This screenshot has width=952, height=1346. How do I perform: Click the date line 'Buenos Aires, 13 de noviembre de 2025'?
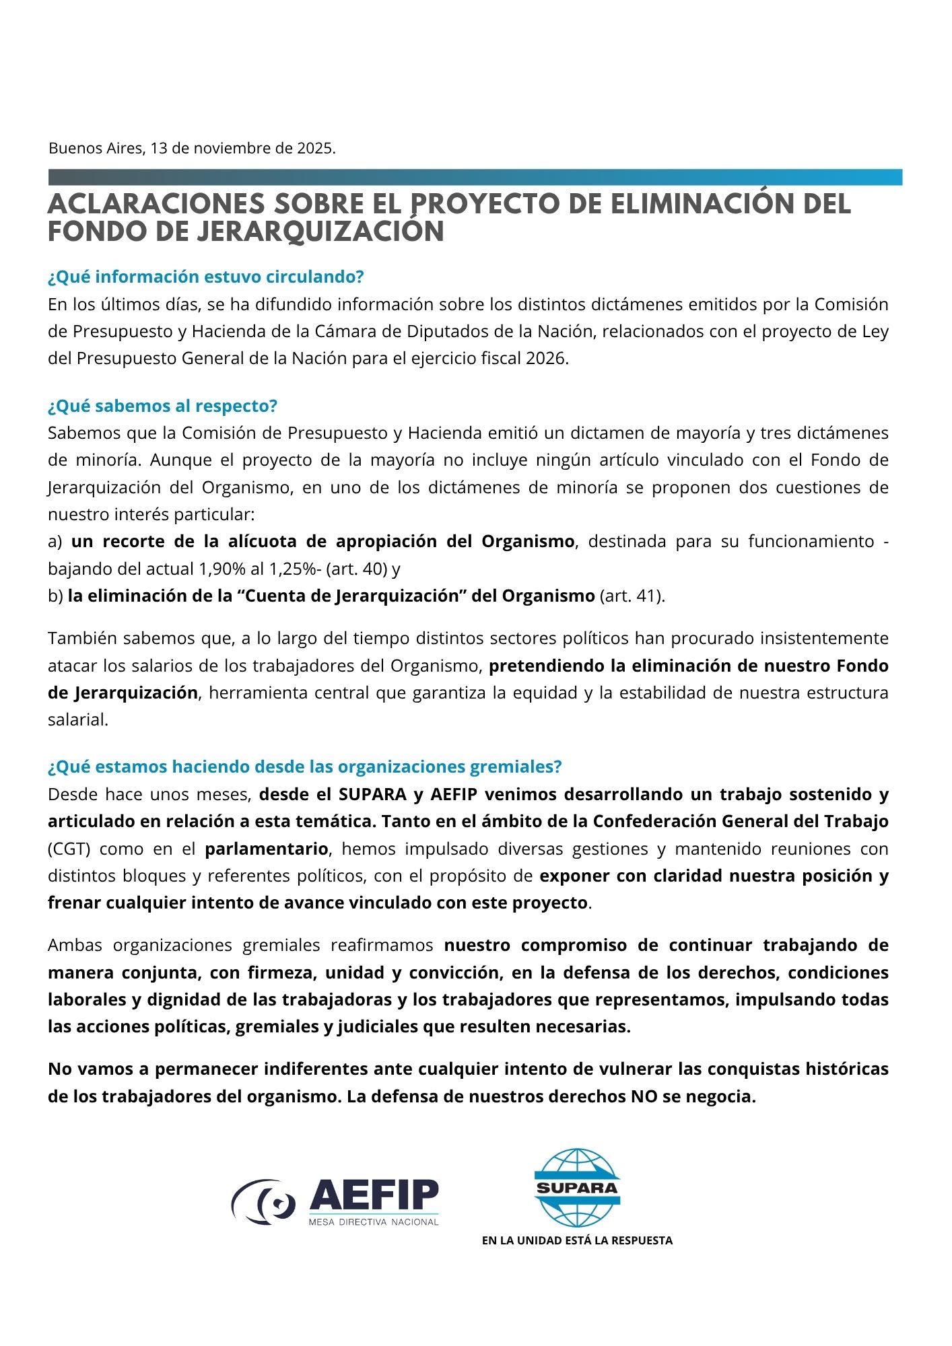click(192, 149)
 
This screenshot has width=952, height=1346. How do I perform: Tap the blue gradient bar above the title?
click(475, 177)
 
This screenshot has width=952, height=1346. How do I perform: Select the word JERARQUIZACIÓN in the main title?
click(320, 232)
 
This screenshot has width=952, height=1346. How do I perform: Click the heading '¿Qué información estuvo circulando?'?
click(205, 277)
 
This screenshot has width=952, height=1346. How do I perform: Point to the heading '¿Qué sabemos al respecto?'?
click(162, 406)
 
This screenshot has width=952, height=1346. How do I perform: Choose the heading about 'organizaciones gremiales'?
click(304, 767)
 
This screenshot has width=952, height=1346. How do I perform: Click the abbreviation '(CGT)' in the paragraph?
click(69, 849)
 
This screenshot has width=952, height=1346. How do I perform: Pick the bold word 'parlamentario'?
click(267, 849)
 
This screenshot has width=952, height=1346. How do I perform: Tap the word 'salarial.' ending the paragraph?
click(78, 719)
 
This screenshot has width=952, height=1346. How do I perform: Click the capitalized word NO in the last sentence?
click(644, 1096)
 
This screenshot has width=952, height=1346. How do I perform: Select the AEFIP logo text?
click(374, 1196)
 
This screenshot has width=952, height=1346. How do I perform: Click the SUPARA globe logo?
click(577, 1187)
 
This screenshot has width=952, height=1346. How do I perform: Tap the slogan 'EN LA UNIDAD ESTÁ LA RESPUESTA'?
click(577, 1240)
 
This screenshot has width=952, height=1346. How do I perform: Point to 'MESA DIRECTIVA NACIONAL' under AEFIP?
click(374, 1221)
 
